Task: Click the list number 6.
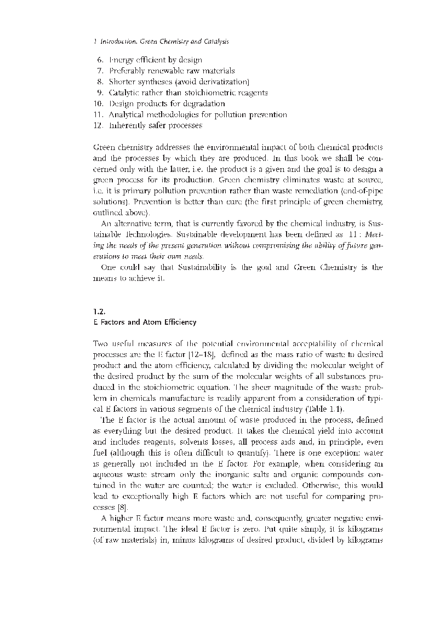pyautogui.click(x=99, y=60)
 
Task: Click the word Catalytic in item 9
pyautogui.click(x=125, y=93)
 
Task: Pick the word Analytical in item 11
pyautogui.click(x=128, y=114)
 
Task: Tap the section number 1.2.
pyautogui.click(x=99, y=311)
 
